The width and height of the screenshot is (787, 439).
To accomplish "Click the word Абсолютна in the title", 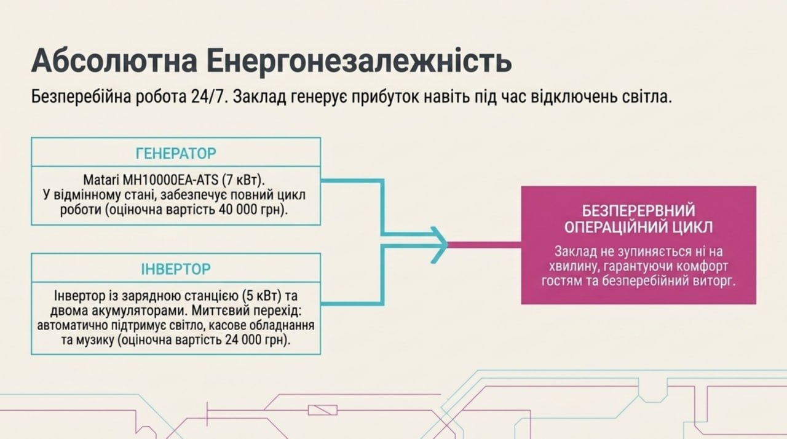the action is coord(114,60).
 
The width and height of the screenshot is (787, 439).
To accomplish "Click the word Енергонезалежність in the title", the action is coord(358,60).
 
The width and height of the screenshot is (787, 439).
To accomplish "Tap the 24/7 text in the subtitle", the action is coord(207,97).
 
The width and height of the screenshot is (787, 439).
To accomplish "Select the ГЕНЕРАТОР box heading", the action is coord(176,154).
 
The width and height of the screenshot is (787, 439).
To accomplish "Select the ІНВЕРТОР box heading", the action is coord(176,269).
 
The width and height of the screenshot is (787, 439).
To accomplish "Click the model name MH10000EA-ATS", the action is coord(170,180).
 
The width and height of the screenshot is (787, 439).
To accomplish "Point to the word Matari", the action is coord(101,180).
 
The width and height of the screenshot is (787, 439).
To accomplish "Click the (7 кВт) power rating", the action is coord(243,180).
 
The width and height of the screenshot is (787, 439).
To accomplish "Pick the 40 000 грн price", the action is coord(251,210).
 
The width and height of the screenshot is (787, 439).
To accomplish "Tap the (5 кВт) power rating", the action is coord(262,296).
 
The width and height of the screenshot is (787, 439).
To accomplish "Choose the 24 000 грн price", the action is coord(255,340).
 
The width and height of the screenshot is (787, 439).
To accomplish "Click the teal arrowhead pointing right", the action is coord(440,245).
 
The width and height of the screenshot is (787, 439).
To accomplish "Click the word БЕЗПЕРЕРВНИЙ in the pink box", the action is coord(638,211).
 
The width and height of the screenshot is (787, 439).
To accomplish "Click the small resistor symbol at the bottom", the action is coord(323,410).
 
